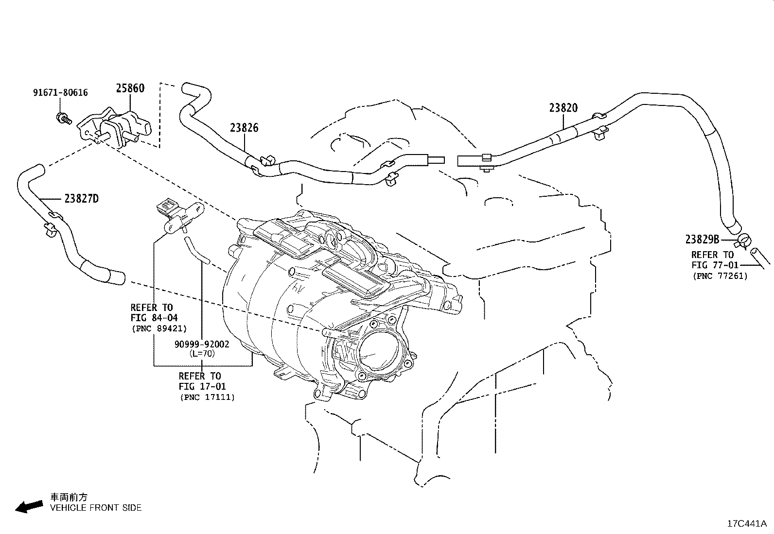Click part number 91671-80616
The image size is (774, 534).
click(60, 92)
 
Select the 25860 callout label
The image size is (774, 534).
click(130, 88)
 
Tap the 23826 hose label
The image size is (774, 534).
click(244, 128)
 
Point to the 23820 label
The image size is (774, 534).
click(563, 108)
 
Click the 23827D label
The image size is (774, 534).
click(81, 198)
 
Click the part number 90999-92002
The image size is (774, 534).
click(202, 345)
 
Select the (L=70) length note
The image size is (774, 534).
click(202, 353)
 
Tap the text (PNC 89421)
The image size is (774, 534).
click(159, 328)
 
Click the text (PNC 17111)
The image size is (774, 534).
click(207, 397)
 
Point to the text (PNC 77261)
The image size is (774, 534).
click(720, 276)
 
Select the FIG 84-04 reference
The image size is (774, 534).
click(154, 318)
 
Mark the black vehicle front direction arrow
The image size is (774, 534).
click(28, 507)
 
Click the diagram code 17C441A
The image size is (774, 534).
click(747, 524)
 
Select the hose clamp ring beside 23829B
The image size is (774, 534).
click(743, 240)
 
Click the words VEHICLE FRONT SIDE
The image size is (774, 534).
click(96, 508)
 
